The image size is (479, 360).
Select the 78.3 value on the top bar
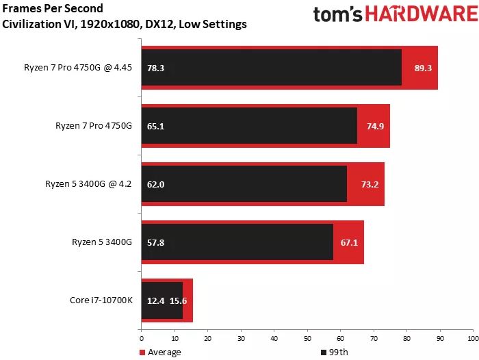click(155, 68)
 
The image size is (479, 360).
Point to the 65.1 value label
click(155, 126)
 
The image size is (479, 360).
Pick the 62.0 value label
click(155, 184)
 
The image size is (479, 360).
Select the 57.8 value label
click(155, 242)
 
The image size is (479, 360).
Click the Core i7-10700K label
click(101, 300)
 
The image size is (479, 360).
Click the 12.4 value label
click(155, 300)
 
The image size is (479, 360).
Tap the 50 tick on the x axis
click(307, 338)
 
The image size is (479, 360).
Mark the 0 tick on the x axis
click(141, 338)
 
